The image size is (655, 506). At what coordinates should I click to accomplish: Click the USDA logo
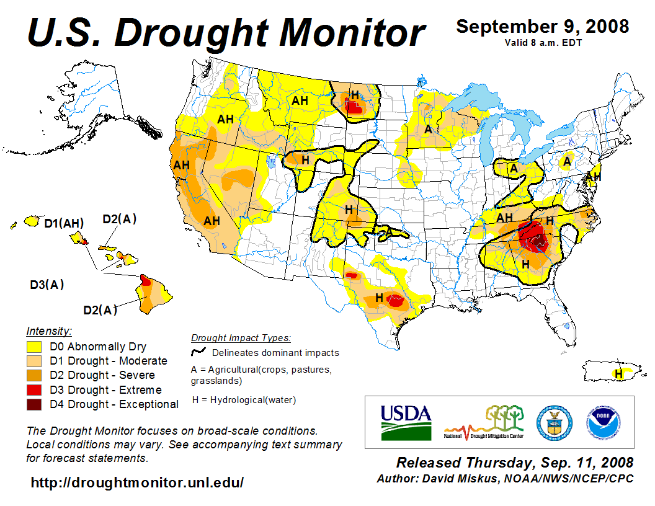click(405, 422)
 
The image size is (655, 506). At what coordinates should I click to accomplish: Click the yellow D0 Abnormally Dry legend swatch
click(34, 347)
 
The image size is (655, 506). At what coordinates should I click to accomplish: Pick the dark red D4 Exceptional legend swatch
click(34, 404)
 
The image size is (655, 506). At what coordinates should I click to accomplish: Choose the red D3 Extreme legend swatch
click(34, 390)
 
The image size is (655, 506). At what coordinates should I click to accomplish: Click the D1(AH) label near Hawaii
click(64, 223)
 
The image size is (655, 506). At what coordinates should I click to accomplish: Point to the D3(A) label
click(47, 285)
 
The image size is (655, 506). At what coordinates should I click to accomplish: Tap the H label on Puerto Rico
click(618, 373)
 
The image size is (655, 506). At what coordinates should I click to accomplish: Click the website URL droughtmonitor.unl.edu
click(137, 482)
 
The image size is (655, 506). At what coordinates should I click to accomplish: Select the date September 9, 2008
click(543, 27)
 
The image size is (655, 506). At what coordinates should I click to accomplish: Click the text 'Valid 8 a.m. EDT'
click(543, 42)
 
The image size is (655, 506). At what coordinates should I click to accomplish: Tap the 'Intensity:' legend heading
click(50, 331)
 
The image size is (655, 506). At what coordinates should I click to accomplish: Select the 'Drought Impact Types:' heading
click(241, 338)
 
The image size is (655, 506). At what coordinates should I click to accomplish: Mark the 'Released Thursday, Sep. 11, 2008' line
click(515, 463)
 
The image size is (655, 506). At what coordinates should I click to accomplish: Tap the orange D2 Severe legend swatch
click(34, 375)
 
